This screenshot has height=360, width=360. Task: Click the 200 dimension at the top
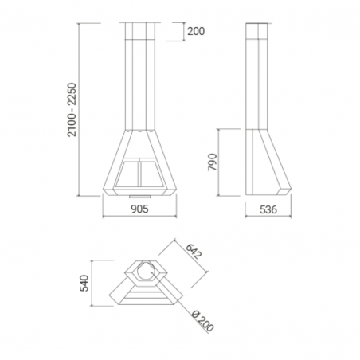196,32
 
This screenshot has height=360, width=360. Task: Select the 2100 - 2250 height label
72,110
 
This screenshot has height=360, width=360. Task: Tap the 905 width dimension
139,209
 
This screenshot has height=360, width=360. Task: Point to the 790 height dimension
213,162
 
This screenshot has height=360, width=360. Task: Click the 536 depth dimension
268,209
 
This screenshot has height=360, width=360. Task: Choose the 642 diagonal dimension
194,252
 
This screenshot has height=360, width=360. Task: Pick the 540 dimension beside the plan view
84,284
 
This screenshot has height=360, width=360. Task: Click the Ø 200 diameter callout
202,321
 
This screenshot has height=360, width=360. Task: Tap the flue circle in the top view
145,273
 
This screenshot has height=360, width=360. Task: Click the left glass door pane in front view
127,174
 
